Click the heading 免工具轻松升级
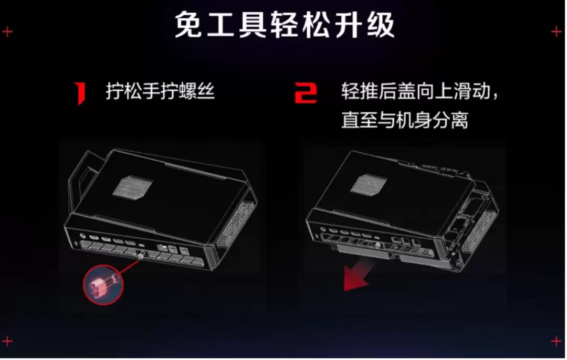click(285, 25)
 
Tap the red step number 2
click(306, 93)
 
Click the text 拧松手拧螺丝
click(160, 91)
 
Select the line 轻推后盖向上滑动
click(416, 91)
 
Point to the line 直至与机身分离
click(405, 120)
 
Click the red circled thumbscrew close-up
click(103, 284)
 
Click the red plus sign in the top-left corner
click(7, 32)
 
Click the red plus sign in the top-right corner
click(556, 32)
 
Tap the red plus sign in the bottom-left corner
click(7, 341)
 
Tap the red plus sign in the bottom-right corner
click(556, 341)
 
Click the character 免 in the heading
click(188, 25)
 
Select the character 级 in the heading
click(381, 25)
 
